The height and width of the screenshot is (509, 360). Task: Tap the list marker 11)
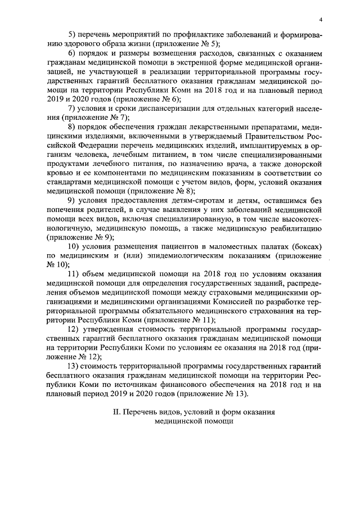pyautogui.click(x=74, y=273)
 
